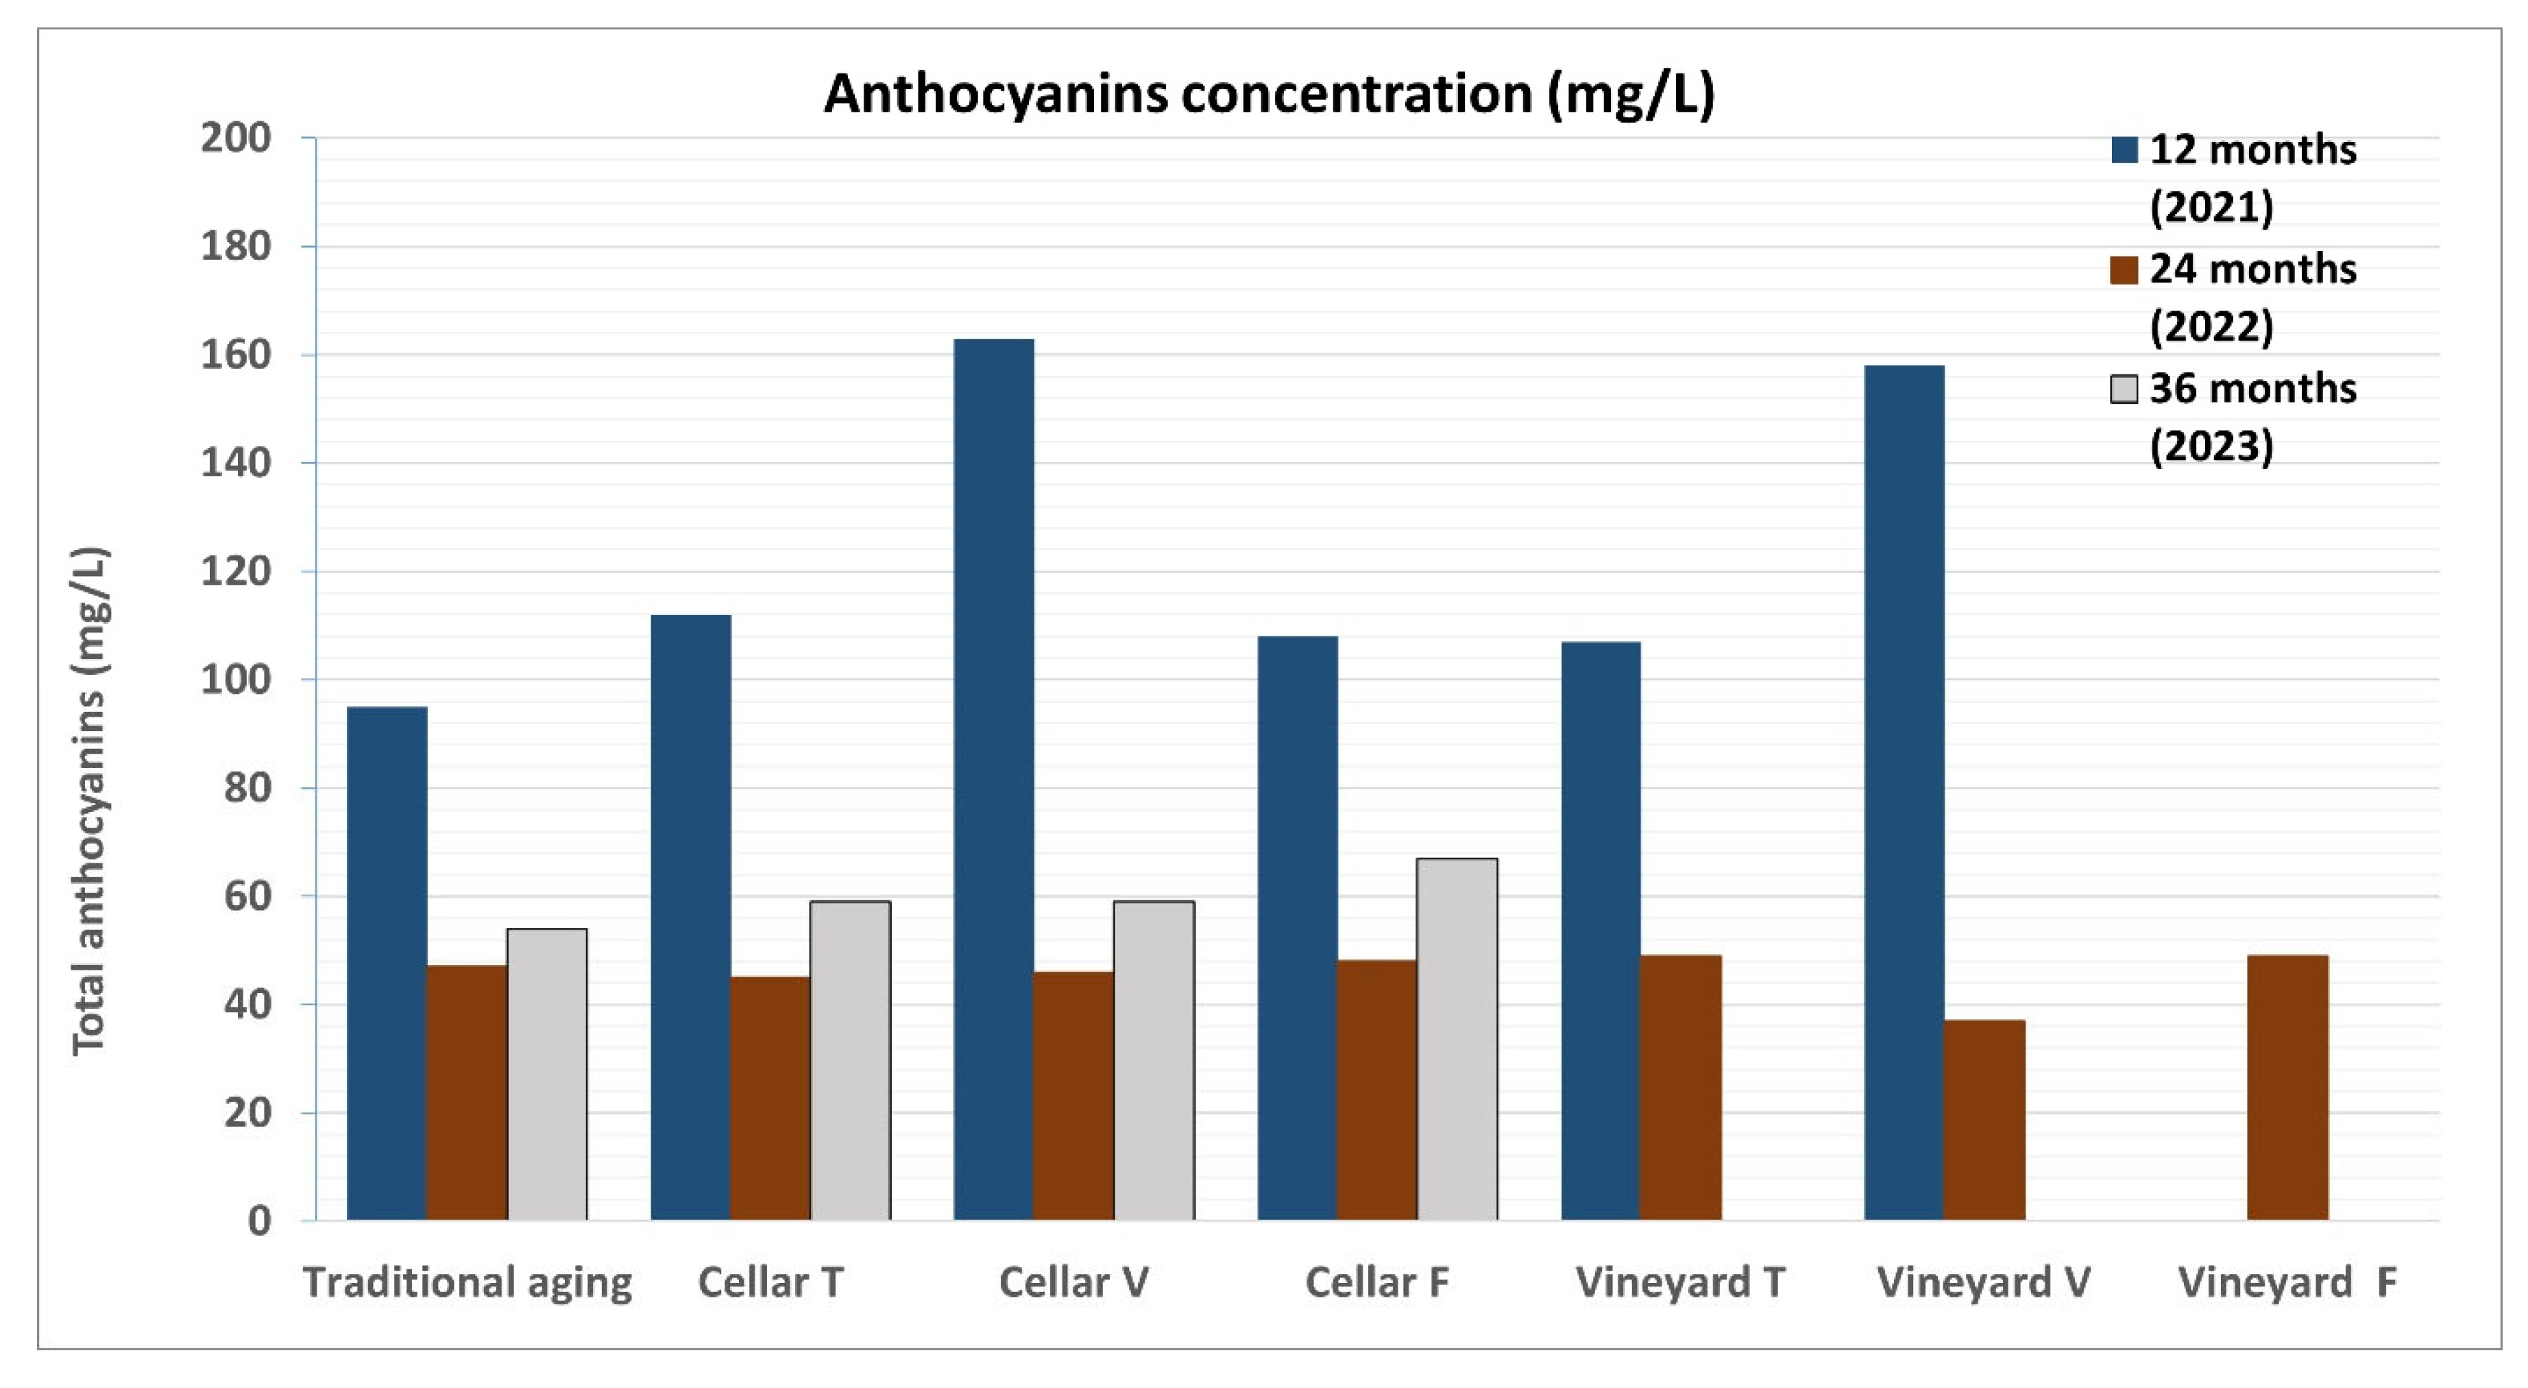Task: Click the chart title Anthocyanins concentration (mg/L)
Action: click(x=1269, y=94)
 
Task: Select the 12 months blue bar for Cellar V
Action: click(x=993, y=780)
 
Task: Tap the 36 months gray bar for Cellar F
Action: click(x=1457, y=1040)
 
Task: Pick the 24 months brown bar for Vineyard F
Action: click(x=2287, y=1088)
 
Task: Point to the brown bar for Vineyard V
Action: click(x=1984, y=1120)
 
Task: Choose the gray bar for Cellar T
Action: click(x=850, y=1061)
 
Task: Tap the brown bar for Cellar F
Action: click(x=1377, y=1090)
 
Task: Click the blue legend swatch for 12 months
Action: click(x=2124, y=150)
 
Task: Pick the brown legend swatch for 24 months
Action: click(x=2124, y=270)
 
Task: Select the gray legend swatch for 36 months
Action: click(x=2124, y=390)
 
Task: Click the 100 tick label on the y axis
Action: click(x=236, y=680)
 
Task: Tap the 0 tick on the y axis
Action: click(x=259, y=1221)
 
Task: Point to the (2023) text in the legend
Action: click(x=2211, y=446)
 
